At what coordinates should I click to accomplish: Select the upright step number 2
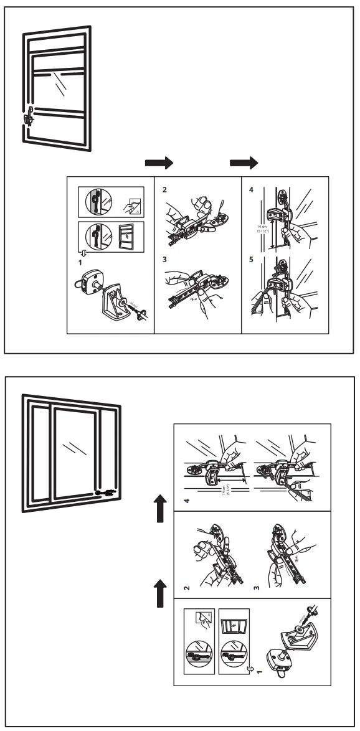coord(164,189)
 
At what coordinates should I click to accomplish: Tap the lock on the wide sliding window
coord(107,493)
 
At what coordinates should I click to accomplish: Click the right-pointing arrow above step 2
coord(159,163)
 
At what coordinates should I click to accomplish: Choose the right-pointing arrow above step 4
coord(244,163)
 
